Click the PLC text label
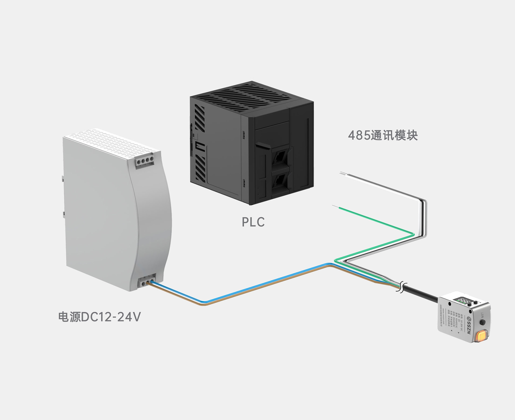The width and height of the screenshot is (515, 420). [x=253, y=222]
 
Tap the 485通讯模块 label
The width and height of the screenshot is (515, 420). [x=383, y=136]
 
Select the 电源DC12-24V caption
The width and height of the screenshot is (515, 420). [x=100, y=317]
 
